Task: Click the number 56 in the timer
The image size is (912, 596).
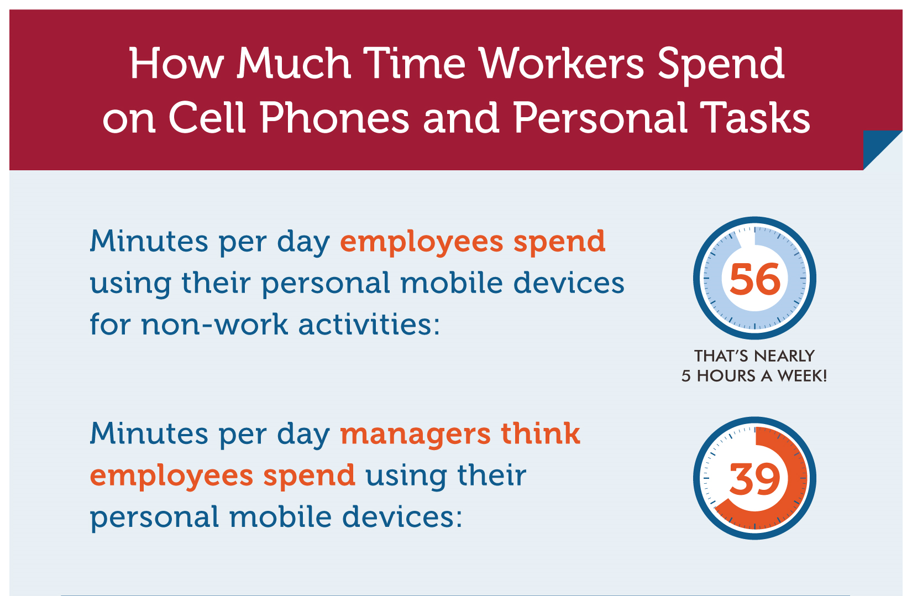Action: pyautogui.click(x=755, y=279)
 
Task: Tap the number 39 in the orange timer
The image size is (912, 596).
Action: pyautogui.click(x=754, y=479)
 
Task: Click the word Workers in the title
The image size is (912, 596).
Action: pyautogui.click(x=562, y=64)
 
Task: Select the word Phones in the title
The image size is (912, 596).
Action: pyautogui.click(x=334, y=118)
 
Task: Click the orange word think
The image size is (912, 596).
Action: pyautogui.click(x=541, y=433)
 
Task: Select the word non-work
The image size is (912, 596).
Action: pyautogui.click(x=214, y=325)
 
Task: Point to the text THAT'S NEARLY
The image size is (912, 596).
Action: pyautogui.click(x=754, y=356)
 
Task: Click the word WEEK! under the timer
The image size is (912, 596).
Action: pyautogui.click(x=802, y=375)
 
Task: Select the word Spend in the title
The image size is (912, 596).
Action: pyautogui.click(x=721, y=66)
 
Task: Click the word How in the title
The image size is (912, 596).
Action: pyautogui.click(x=177, y=64)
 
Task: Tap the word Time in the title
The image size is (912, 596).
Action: pyautogui.click(x=415, y=64)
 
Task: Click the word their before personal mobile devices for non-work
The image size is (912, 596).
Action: pyautogui.click(x=216, y=283)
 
